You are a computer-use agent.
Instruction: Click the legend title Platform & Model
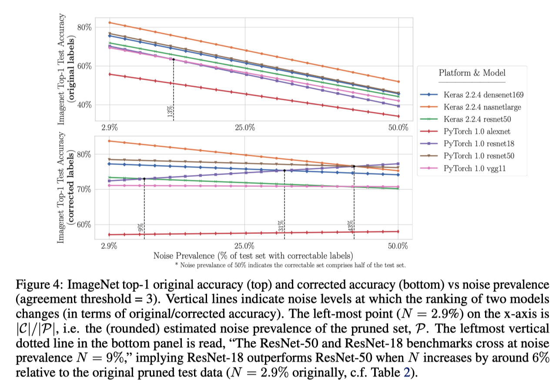pos(472,72)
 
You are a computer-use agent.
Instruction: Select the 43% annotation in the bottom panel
pos(350,226)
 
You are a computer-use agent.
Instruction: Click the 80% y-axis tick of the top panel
pos(84,27)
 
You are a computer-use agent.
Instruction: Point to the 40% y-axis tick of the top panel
pos(84,105)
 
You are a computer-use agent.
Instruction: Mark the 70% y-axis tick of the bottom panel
pos(84,189)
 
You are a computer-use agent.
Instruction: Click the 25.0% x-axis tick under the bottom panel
pos(244,246)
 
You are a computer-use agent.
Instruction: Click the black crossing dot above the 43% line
pos(354,166)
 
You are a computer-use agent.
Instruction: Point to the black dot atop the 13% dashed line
pos(173,59)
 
